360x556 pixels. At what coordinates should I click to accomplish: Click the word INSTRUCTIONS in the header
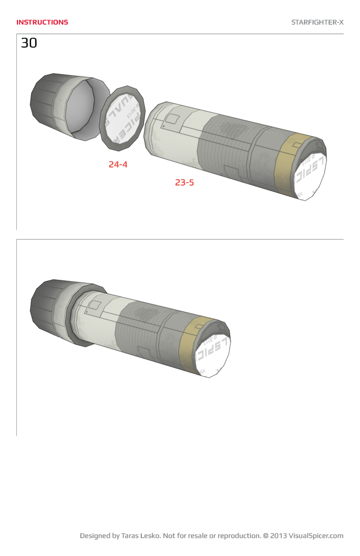point(42,22)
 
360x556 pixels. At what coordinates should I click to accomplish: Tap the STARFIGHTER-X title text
point(317,22)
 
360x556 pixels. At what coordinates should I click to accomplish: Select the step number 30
point(29,43)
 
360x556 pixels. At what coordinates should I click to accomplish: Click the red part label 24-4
point(118,164)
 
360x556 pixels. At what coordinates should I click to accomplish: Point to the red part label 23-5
point(184,183)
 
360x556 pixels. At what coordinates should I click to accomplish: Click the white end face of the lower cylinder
point(213,355)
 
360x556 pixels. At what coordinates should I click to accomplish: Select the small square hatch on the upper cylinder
point(173,119)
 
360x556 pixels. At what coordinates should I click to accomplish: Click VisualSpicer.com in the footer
point(316,536)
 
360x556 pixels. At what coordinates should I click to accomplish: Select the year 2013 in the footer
point(278,536)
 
